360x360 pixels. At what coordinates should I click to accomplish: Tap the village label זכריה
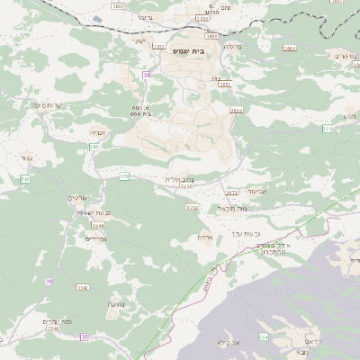(x=98, y=132)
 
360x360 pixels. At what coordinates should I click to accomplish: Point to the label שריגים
(x=78, y=197)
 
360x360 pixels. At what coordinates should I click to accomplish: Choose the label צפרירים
(x=95, y=238)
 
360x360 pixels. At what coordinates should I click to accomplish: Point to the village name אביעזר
(x=256, y=191)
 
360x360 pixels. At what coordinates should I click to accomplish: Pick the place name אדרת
(x=203, y=238)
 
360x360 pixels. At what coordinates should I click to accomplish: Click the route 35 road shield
(x=84, y=337)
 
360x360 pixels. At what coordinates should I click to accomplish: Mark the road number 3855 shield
(x=236, y=110)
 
